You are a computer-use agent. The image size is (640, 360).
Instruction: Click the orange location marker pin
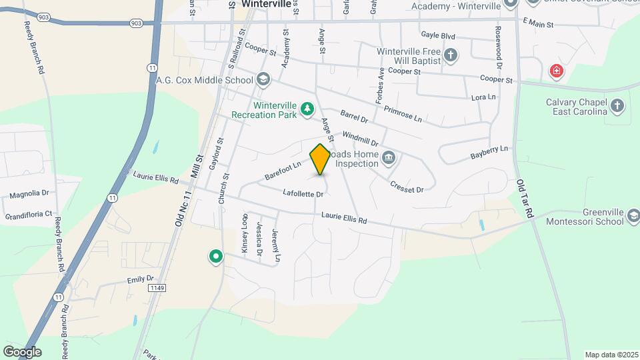click(x=321, y=159)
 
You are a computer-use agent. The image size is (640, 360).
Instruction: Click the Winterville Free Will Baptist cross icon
click(x=451, y=55)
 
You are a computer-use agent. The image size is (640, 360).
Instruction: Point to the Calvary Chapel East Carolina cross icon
click(x=617, y=106)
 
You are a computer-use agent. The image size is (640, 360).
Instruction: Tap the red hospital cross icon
click(x=555, y=71)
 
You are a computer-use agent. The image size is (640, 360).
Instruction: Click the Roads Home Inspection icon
click(x=389, y=158)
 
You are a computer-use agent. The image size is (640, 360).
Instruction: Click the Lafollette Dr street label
click(x=303, y=194)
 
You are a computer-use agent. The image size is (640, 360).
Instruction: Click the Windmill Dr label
click(x=360, y=139)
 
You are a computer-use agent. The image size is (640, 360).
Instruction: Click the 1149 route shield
click(x=156, y=287)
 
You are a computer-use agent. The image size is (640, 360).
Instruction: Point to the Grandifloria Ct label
click(x=29, y=215)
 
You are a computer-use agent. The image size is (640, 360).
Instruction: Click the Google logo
click(x=22, y=351)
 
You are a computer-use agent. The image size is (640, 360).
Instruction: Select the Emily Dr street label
click(x=141, y=279)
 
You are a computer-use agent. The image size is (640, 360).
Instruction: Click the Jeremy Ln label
click(x=277, y=245)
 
